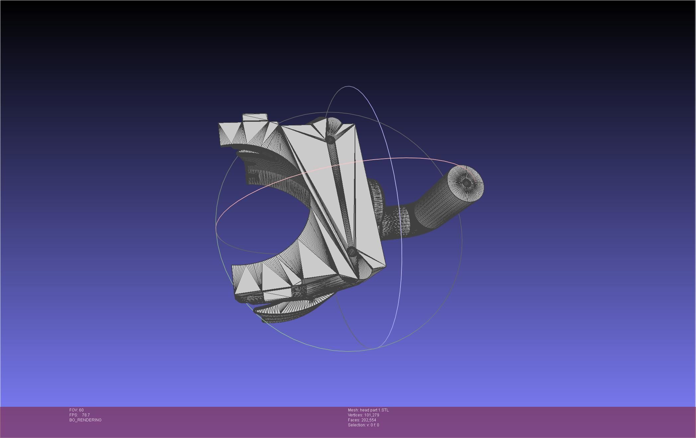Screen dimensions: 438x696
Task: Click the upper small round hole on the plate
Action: point(330,139)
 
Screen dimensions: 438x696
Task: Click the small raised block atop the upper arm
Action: point(255,118)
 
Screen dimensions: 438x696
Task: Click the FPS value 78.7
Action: point(86,415)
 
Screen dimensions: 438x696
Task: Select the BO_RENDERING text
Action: point(85,420)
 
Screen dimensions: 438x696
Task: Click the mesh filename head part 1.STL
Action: point(374,410)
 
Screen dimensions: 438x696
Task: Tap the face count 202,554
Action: point(369,420)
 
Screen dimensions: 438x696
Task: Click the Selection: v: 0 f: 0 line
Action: point(363,425)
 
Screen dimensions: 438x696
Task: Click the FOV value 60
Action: point(81,410)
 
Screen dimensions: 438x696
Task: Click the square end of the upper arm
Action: point(229,134)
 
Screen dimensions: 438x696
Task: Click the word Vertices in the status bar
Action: point(355,415)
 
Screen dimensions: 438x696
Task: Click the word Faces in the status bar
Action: point(354,420)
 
